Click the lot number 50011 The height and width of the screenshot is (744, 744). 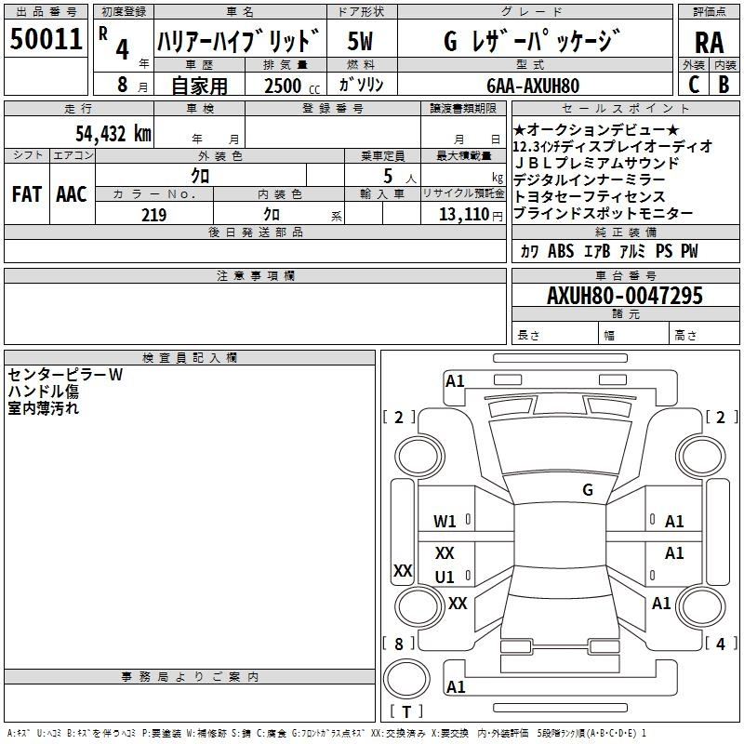[x=46, y=39]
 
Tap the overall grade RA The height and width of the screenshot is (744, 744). [x=710, y=43]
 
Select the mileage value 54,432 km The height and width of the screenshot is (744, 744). [x=113, y=134]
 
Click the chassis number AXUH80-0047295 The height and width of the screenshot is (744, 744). [x=625, y=295]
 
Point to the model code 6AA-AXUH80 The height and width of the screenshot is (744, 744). [x=533, y=86]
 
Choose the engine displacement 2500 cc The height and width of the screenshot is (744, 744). [x=292, y=86]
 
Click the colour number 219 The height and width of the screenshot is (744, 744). [x=153, y=215]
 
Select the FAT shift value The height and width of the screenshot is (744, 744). [x=27, y=194]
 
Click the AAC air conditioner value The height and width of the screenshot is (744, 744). [x=72, y=194]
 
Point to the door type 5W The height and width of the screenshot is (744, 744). [x=360, y=41]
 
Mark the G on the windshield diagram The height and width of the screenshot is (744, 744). [x=588, y=489]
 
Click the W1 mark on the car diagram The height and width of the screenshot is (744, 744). [x=445, y=522]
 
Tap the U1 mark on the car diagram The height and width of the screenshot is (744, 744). [x=445, y=577]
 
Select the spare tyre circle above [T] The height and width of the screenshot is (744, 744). [x=406, y=679]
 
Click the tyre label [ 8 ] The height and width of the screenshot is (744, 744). [x=399, y=644]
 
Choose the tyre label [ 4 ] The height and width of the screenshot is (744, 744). [x=721, y=644]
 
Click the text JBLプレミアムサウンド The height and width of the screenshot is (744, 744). [x=596, y=164]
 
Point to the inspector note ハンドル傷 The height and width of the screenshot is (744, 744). [x=43, y=392]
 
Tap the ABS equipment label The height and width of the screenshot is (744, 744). [x=561, y=250]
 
